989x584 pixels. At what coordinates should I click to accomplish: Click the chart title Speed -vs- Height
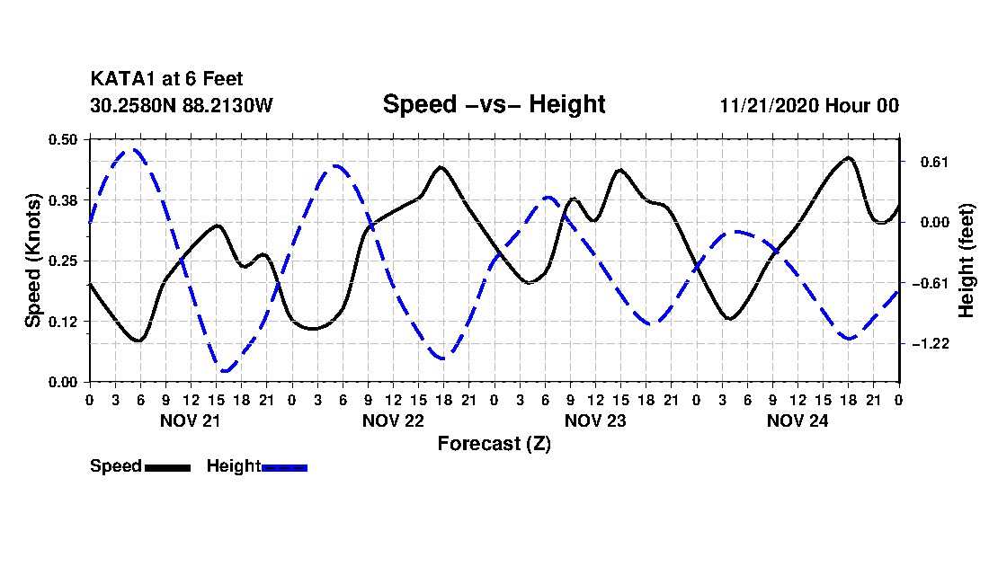pyautogui.click(x=494, y=104)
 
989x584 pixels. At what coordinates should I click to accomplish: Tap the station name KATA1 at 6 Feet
pyautogui.click(x=166, y=80)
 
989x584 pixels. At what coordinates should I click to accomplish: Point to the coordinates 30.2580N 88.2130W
pyautogui.click(x=181, y=105)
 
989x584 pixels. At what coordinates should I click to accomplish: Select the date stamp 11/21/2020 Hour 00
pyautogui.click(x=809, y=105)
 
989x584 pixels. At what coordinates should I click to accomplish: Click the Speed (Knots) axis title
pyautogui.click(x=33, y=260)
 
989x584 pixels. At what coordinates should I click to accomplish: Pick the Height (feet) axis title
pyautogui.click(x=967, y=260)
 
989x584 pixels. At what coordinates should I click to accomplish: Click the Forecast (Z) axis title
pyautogui.click(x=494, y=443)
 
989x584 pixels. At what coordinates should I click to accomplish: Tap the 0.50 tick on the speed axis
pyautogui.click(x=63, y=138)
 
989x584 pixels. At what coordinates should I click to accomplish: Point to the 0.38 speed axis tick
pyautogui.click(x=63, y=199)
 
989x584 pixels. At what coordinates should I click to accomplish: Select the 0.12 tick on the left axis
pyautogui.click(x=63, y=321)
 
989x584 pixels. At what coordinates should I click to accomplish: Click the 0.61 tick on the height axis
pyautogui.click(x=925, y=162)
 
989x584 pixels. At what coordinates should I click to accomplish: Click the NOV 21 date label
pyautogui.click(x=190, y=420)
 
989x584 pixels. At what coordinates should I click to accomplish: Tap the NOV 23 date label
pyautogui.click(x=595, y=420)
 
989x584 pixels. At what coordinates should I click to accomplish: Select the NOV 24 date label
pyautogui.click(x=797, y=420)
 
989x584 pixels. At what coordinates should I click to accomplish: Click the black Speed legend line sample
pyautogui.click(x=167, y=467)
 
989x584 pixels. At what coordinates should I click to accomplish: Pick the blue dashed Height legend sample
pyautogui.click(x=284, y=467)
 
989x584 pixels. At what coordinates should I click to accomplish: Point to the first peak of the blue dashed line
pyautogui.click(x=133, y=150)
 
